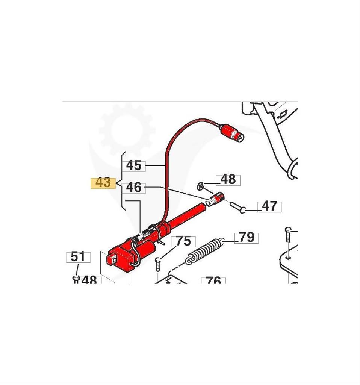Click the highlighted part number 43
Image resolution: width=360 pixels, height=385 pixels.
[x=103, y=183]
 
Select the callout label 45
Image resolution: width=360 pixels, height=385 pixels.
[x=134, y=166]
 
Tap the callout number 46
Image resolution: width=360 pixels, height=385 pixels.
[x=134, y=188]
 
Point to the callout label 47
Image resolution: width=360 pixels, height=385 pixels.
[x=269, y=206]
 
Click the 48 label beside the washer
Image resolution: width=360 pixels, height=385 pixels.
[x=228, y=180]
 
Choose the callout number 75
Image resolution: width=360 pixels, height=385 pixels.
[x=183, y=241]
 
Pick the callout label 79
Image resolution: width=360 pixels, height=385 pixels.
[x=247, y=238]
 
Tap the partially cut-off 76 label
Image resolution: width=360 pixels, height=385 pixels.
[x=213, y=280]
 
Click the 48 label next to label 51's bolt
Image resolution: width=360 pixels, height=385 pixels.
[x=89, y=280]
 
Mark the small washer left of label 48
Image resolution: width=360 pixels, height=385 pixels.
[x=201, y=186]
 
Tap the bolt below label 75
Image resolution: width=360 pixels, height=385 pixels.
[x=158, y=264]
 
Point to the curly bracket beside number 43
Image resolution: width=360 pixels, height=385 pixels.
[x=121, y=181]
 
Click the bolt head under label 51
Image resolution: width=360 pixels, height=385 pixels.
[x=76, y=279]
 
